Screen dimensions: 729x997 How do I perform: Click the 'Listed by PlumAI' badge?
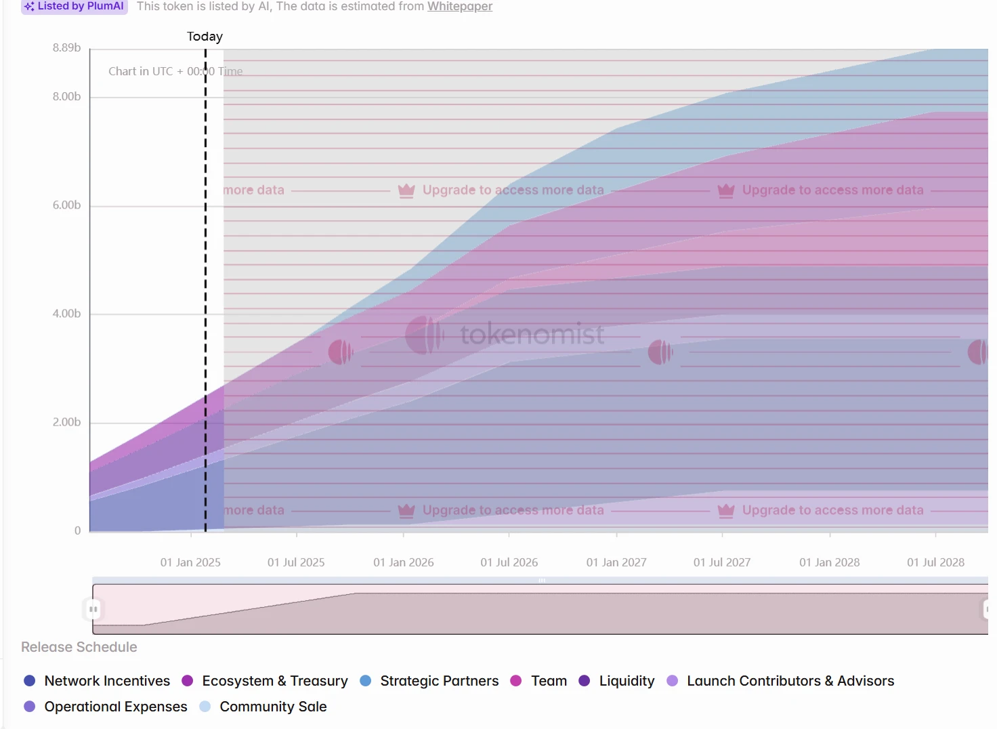(x=75, y=6)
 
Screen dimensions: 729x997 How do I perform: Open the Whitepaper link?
(x=459, y=6)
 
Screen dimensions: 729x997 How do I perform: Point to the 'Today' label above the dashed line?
(x=205, y=37)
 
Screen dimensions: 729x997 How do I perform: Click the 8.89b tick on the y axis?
(x=66, y=47)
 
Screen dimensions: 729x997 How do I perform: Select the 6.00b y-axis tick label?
(x=66, y=205)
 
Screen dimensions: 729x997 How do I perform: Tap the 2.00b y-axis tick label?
(x=66, y=422)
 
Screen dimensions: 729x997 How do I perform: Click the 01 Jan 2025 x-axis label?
(x=190, y=562)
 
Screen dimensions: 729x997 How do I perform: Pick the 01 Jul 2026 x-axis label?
(x=509, y=562)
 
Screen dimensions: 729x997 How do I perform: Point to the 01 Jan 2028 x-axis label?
(x=829, y=562)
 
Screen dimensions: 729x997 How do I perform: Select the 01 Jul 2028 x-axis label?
(x=935, y=562)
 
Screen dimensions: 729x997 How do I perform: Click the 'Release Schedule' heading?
(x=79, y=647)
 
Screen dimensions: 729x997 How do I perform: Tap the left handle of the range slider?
(x=93, y=609)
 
